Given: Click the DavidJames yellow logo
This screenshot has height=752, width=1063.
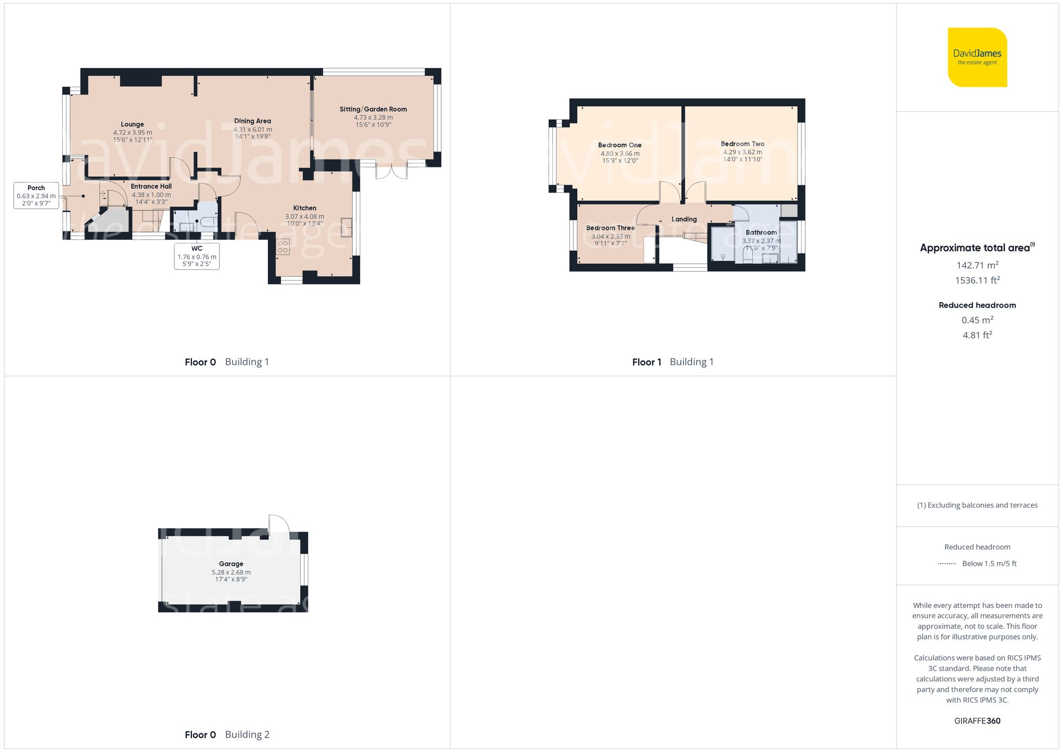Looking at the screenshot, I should pos(977,57).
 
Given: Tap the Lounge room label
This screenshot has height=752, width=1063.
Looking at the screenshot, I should pos(132,124).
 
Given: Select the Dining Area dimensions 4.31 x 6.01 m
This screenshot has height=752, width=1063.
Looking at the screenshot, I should pos(252,129).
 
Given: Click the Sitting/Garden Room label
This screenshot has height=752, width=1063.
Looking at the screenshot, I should pos(373,109).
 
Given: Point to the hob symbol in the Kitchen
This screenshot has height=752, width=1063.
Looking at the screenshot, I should pos(283,247).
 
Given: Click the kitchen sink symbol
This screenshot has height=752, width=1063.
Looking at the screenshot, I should pos(347,227).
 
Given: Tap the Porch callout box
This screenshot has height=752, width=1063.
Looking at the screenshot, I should pos(36,195).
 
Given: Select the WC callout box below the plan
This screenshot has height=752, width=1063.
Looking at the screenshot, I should pos(197,256).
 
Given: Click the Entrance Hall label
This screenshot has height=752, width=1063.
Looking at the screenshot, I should pos(151,187).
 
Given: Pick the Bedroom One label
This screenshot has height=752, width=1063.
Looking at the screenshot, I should pos(620,145).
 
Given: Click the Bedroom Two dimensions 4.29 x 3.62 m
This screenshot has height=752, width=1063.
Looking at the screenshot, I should pos(743,152).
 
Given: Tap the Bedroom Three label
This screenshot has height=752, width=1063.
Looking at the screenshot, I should pos(610,228).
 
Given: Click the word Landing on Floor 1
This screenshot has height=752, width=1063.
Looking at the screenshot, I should pos(684,219).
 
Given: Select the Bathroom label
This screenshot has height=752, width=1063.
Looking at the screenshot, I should pos(761,233).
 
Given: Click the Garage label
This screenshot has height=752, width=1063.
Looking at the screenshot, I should pos(231,564).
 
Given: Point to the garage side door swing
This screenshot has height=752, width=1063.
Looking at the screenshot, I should pos(279,524).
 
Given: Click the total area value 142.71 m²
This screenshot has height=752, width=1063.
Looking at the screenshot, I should pos(977,265).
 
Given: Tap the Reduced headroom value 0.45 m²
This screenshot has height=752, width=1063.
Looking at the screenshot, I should pos(977,320).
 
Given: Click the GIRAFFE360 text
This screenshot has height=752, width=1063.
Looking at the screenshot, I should pos(977,721).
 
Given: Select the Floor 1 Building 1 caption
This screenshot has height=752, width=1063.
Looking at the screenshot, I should pos(673,362).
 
